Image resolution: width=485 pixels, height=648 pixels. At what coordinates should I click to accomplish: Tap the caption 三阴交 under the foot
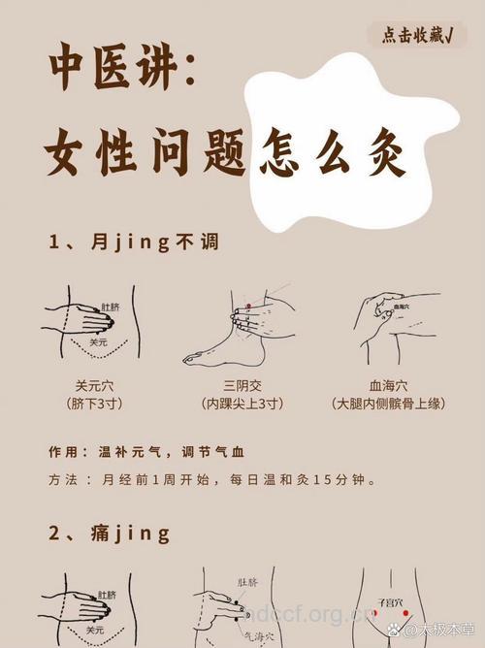pos(241,384)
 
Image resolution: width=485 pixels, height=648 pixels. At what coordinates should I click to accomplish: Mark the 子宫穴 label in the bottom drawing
pos(387,602)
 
